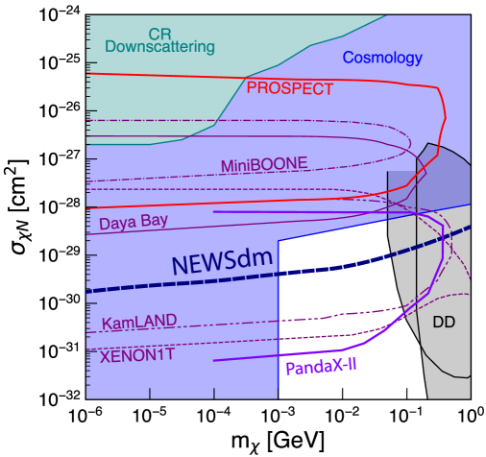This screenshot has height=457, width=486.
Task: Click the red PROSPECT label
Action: [289, 89]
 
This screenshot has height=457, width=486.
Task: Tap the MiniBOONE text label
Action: [264, 165]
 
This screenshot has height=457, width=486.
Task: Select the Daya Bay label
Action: [134, 222]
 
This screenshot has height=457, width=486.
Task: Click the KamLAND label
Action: [139, 323]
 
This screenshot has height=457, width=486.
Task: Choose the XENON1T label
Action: [137, 355]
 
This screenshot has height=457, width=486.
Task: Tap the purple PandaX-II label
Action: [321, 367]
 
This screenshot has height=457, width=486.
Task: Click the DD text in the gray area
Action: [444, 323]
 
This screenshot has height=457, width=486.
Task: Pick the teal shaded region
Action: [154, 77]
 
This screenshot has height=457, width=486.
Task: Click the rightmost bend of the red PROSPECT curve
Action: [445, 116]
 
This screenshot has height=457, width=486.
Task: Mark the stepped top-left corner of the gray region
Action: [389, 173]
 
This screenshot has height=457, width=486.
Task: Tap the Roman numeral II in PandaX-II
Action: [349, 365]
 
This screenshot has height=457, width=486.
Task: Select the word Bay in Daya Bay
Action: [154, 220]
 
